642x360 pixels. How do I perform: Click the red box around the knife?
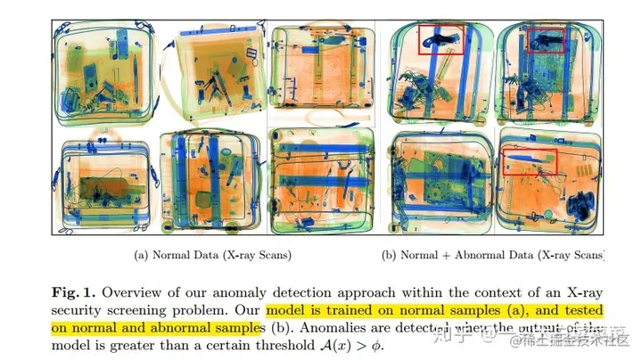pos(529,161)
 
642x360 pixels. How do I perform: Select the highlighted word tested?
pos(583,311)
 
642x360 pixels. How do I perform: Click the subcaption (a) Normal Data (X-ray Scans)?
pos(212,256)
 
